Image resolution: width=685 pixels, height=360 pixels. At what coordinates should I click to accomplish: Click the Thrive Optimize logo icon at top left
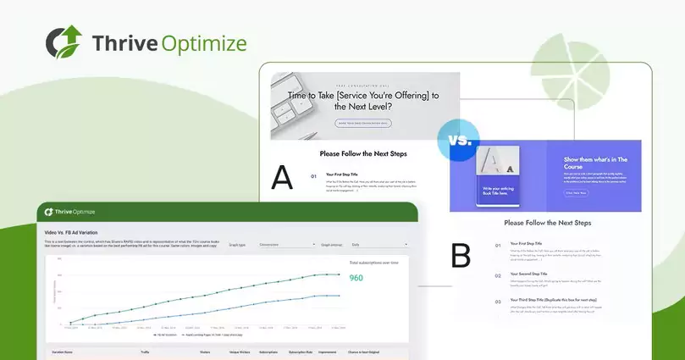(63, 42)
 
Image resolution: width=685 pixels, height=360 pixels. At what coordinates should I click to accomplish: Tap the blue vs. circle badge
(460, 141)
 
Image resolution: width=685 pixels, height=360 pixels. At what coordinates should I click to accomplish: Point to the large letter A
(282, 177)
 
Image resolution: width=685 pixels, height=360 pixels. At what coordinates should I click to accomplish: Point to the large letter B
(461, 255)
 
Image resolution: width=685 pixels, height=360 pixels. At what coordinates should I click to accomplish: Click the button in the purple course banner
(576, 192)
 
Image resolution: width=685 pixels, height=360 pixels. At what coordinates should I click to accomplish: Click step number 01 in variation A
(313, 177)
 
